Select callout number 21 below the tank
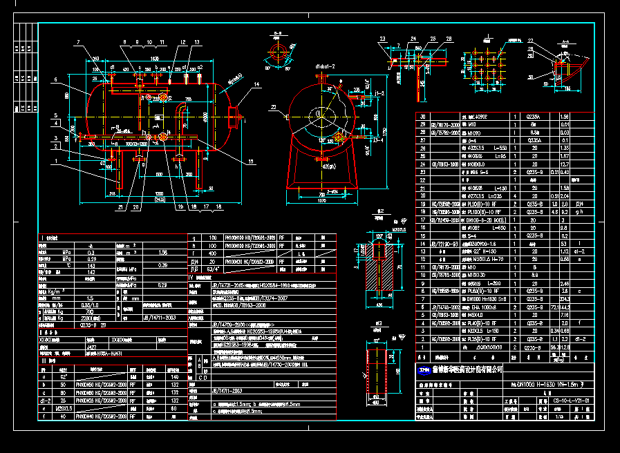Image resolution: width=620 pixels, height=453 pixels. click(x=120, y=206)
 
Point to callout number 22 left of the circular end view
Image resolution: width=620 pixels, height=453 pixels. click(x=273, y=107)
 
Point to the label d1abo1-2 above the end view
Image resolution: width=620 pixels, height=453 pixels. click(x=325, y=66)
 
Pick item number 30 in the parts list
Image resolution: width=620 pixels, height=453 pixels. click(x=424, y=117)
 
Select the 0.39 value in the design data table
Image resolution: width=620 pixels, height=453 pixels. click(x=163, y=265)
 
